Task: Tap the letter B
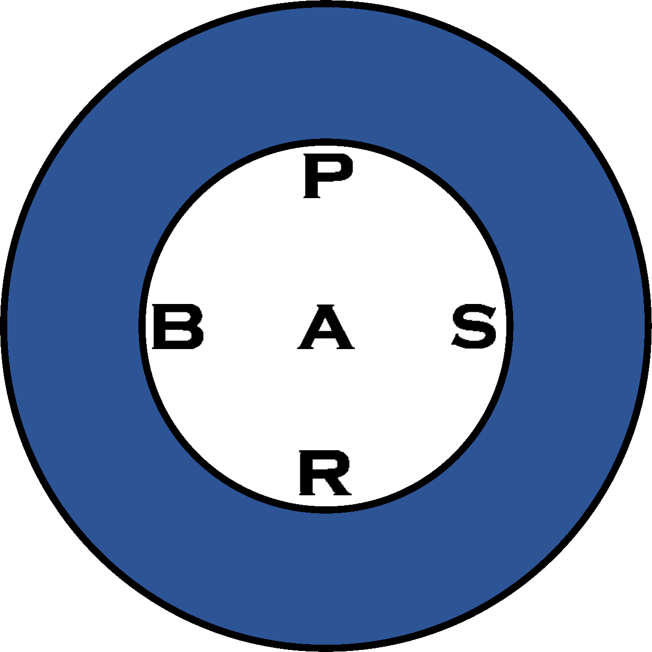click(x=177, y=328)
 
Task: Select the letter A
click(x=326, y=328)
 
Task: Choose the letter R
click(x=324, y=473)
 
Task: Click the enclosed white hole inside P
click(x=332, y=170)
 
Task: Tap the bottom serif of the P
click(x=313, y=196)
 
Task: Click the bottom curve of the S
click(x=474, y=344)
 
